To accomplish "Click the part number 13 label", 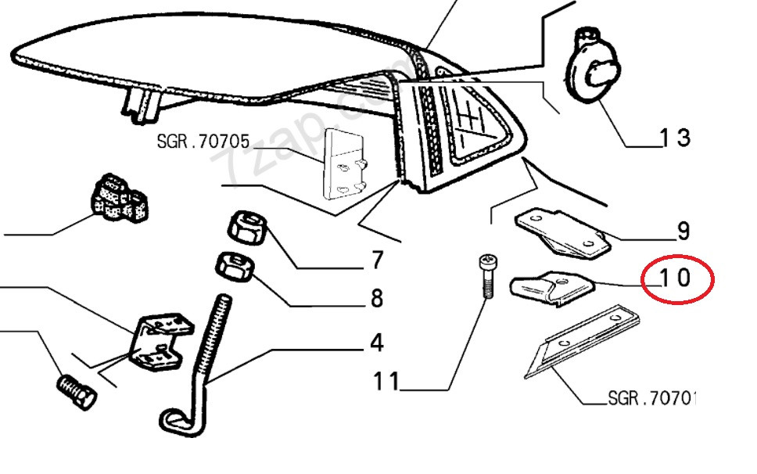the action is tap(675, 138).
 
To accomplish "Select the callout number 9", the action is tap(683, 232).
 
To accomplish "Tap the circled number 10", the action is tap(675, 278).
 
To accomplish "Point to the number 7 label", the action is tap(378, 260).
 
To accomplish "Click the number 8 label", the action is tap(377, 298).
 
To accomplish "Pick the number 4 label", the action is tap(377, 343).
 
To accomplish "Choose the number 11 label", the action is tap(386, 382).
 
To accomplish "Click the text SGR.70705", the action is tap(203, 142).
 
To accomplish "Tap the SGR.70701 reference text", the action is tap(651, 398).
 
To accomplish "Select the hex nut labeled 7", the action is tap(248, 228).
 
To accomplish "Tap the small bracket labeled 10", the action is tap(552, 287).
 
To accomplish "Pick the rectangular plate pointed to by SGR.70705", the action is tap(343, 163).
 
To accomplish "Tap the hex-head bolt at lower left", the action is tap(77, 391).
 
